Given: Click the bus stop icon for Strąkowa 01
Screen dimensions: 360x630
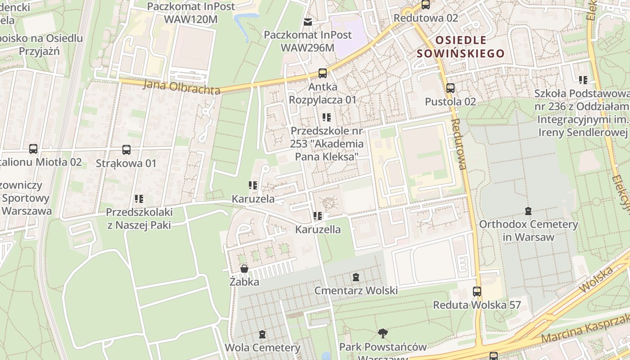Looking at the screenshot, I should (126, 150).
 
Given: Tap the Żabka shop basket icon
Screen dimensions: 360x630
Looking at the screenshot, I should (244, 269).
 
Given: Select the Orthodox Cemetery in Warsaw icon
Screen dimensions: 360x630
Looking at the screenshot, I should (528, 211).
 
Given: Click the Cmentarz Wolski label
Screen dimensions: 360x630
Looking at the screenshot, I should (356, 291).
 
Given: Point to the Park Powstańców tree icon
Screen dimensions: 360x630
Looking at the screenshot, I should (383, 333).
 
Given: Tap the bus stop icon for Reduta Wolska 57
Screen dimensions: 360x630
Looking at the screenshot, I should (477, 292).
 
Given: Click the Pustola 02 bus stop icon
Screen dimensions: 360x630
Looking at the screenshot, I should (450, 88).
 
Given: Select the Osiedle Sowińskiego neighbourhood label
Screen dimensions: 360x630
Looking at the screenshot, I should (460, 47).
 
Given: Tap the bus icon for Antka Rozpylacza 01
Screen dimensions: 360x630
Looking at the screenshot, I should (322, 73).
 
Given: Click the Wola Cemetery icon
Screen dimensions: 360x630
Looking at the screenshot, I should (262, 334).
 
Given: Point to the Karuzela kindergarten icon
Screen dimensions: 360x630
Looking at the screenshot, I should (253, 185).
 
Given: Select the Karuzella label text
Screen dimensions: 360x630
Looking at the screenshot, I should (318, 229).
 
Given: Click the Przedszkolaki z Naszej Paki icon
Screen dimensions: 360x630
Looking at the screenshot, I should (139, 198).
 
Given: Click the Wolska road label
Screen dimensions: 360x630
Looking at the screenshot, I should (597, 279).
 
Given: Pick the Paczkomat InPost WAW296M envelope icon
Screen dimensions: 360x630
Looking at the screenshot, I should (308, 22).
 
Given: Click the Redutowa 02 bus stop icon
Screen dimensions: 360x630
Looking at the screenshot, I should (426, 5).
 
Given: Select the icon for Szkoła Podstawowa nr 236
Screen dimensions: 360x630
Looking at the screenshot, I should (583, 80).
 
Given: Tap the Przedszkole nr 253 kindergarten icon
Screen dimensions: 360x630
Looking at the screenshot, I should (327, 117).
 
